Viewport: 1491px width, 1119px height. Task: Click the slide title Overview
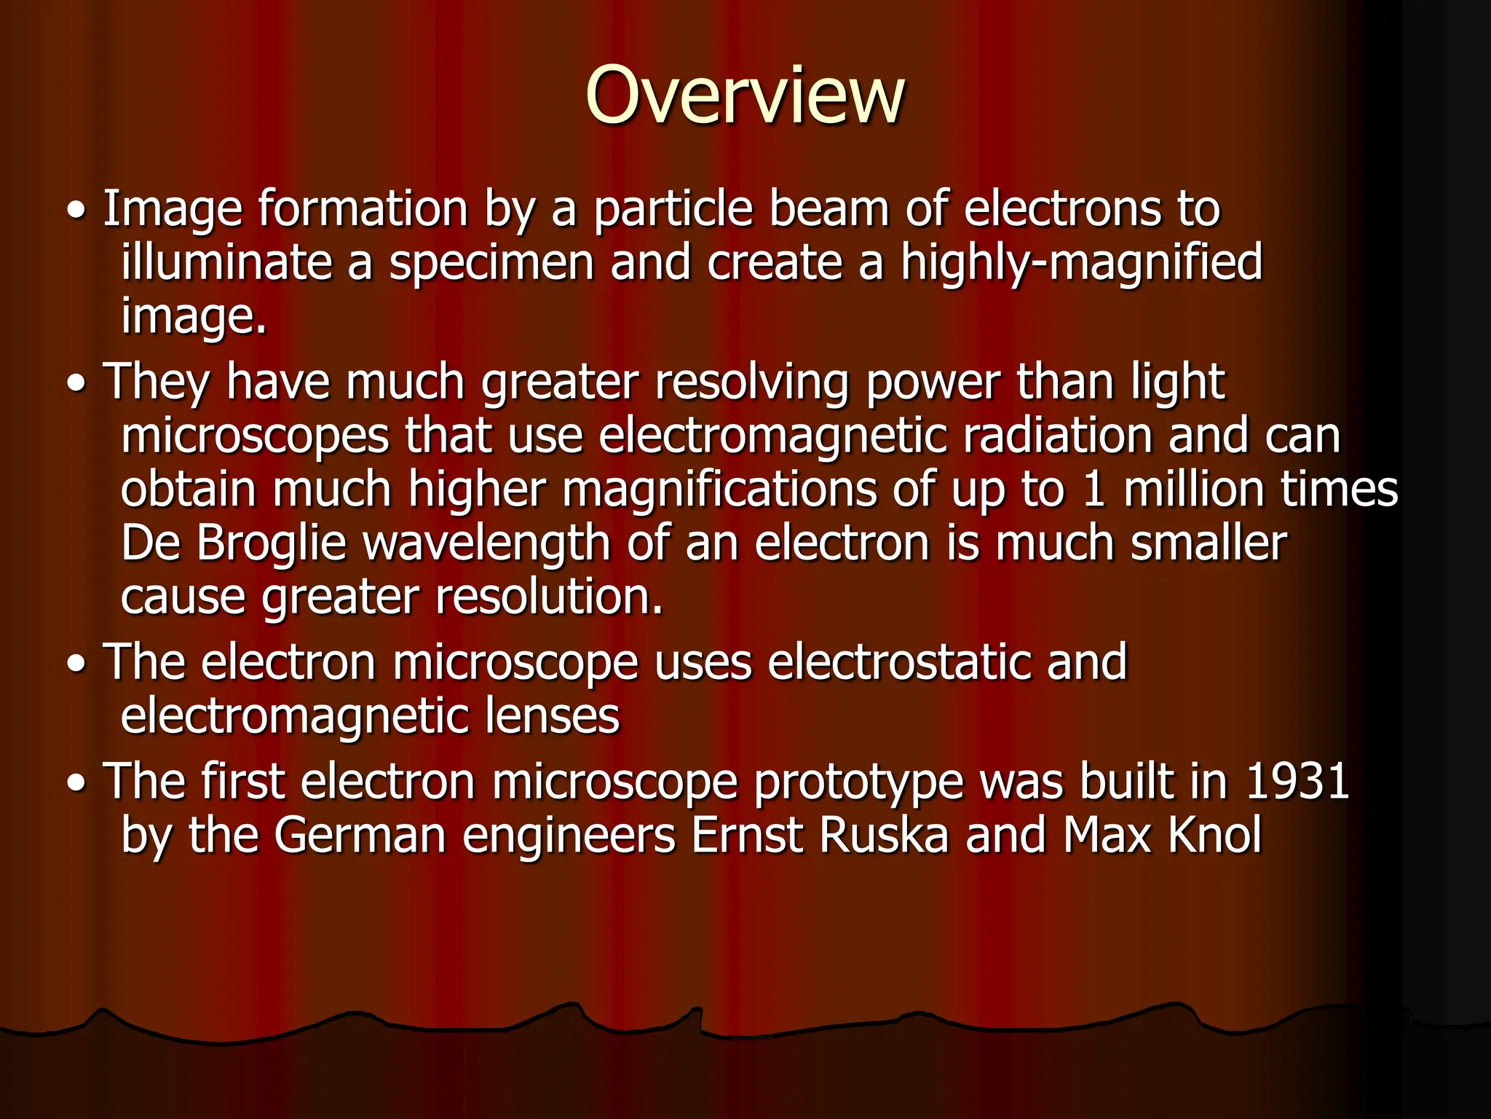pyautogui.click(x=745, y=95)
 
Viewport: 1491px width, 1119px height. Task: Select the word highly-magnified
pyautogui.click(x=1081, y=264)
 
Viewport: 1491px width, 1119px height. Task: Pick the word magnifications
pyautogui.click(x=719, y=490)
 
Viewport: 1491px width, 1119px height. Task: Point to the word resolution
pyautogui.click(x=549, y=597)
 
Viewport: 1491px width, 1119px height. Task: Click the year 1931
pyautogui.click(x=1298, y=782)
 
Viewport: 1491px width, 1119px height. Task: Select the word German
pyautogui.click(x=360, y=835)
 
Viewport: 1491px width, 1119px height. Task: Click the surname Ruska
pyautogui.click(x=884, y=835)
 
